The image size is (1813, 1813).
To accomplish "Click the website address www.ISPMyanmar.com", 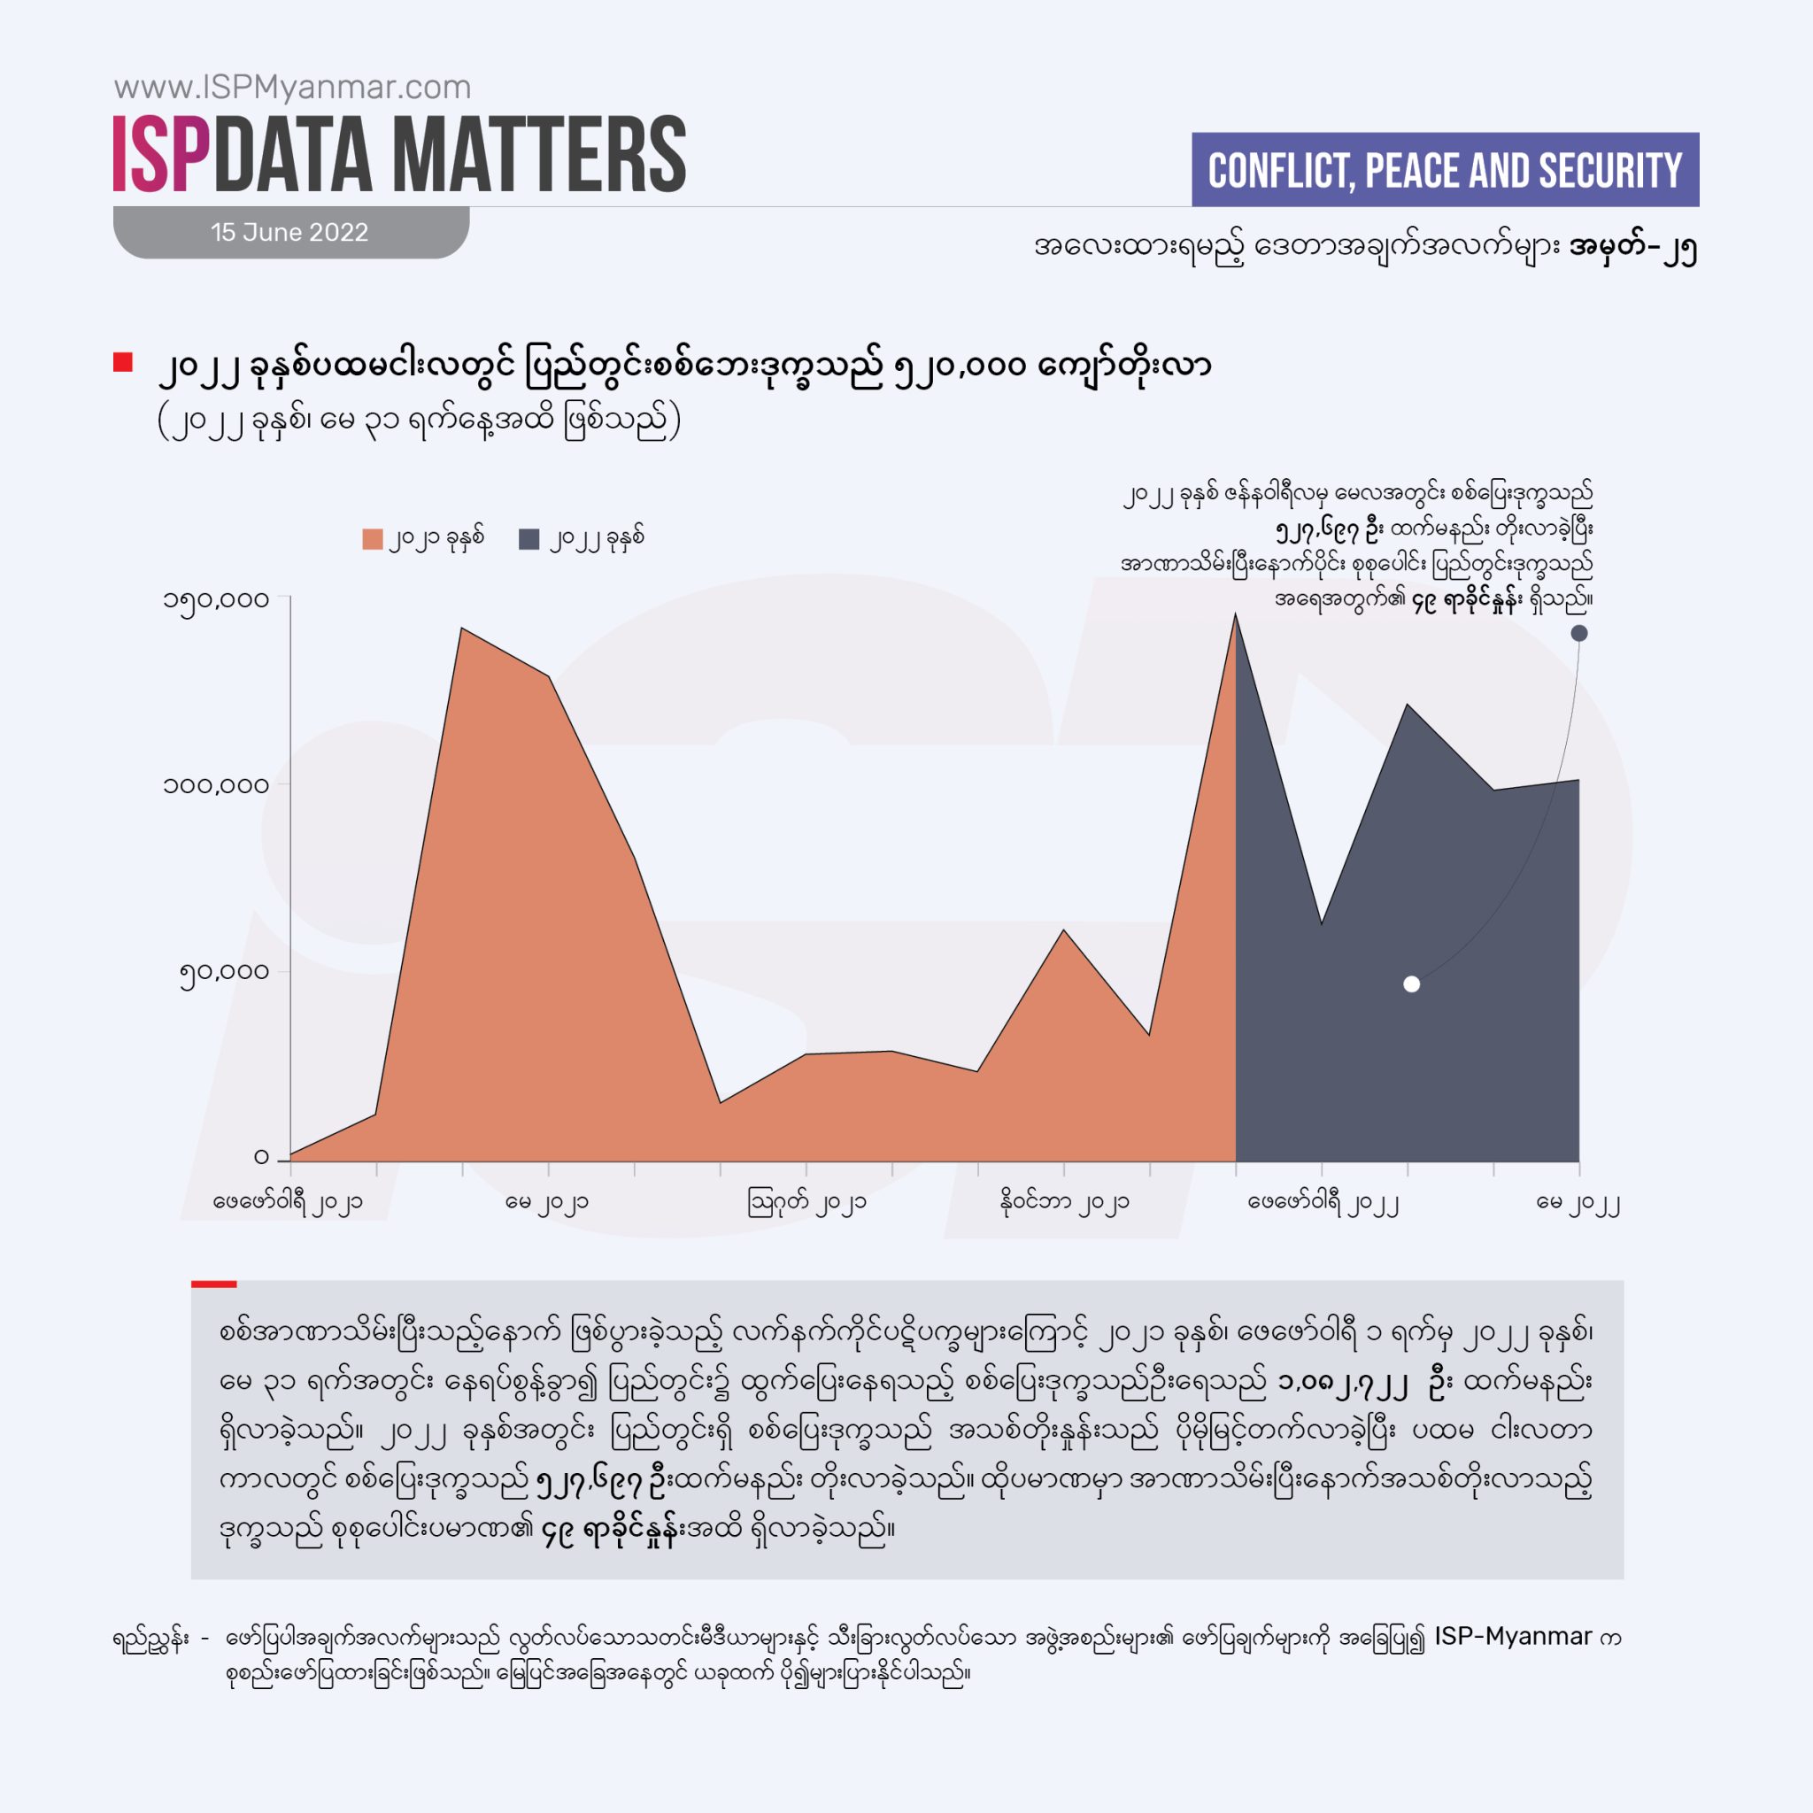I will click(x=293, y=88).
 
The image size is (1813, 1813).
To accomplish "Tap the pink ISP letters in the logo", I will click(x=160, y=155).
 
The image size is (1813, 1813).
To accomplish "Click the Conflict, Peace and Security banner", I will click(x=1444, y=170).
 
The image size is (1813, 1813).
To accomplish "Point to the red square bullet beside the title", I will click(x=123, y=362).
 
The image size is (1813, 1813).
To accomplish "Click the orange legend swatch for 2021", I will click(x=373, y=538).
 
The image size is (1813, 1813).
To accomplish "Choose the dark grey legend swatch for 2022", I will click(x=529, y=538).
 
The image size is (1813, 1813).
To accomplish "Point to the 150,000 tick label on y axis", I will click(x=217, y=599).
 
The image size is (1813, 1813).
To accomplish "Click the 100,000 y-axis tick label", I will click(x=217, y=784).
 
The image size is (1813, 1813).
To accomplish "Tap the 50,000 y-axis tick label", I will click(x=224, y=971).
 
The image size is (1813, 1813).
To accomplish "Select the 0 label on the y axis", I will click(x=261, y=1157).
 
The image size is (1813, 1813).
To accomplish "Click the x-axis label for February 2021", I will click(x=288, y=1202).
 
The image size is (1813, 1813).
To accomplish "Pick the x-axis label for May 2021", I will click(x=547, y=1202).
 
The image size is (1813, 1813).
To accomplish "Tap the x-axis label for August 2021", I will click(x=806, y=1202).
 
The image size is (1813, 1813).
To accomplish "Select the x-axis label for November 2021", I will click(x=1064, y=1202).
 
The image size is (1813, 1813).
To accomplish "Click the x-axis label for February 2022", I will click(x=1323, y=1202).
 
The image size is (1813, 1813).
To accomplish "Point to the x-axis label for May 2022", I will click(x=1578, y=1202).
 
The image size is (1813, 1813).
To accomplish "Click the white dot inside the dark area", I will click(x=1411, y=984).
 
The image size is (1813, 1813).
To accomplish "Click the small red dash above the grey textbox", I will click(x=214, y=1284).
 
